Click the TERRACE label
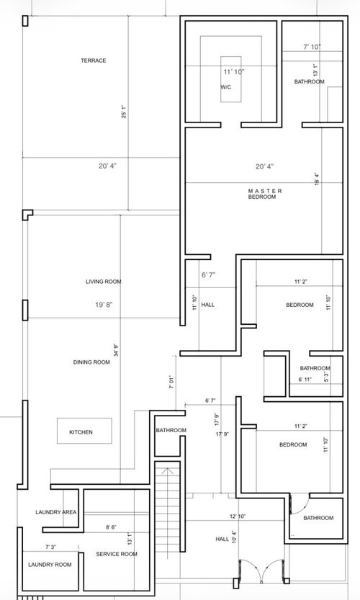click(x=94, y=61)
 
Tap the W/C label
click(x=225, y=87)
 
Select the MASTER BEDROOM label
click(x=265, y=194)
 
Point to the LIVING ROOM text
click(x=103, y=282)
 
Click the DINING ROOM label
click(x=91, y=362)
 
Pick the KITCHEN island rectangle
click(x=84, y=431)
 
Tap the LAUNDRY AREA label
click(x=56, y=512)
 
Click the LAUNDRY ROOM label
click(x=50, y=565)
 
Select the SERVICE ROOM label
click(x=117, y=554)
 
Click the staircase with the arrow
click(x=167, y=506)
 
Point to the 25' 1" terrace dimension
click(x=124, y=112)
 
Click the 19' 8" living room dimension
click(x=104, y=305)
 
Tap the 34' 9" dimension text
click(x=116, y=351)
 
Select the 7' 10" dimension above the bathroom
click(x=312, y=47)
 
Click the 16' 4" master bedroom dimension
click(x=317, y=179)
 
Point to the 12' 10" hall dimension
click(x=238, y=516)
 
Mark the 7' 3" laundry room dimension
click(x=50, y=547)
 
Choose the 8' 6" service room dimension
click(x=111, y=527)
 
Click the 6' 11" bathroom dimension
click(x=305, y=380)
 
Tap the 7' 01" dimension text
click(x=172, y=382)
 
